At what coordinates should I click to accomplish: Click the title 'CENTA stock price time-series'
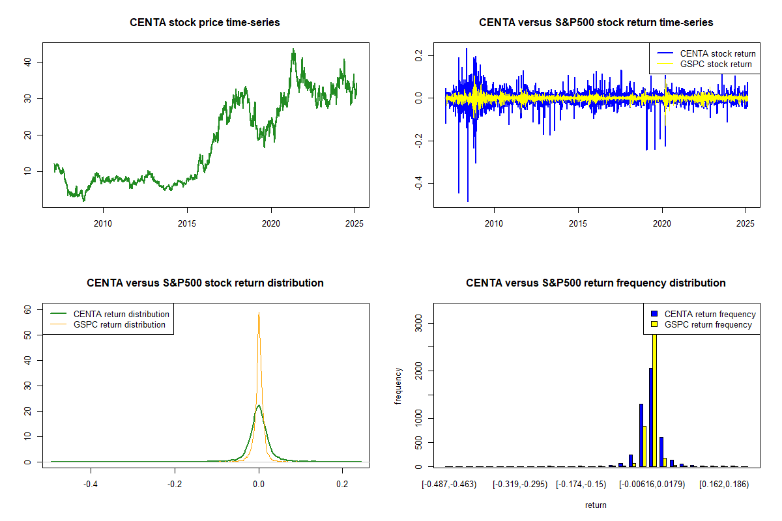(205, 23)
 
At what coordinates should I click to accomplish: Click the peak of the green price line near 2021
(293, 49)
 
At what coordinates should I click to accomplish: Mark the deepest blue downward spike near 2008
(468, 201)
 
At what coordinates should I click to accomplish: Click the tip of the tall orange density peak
(259, 313)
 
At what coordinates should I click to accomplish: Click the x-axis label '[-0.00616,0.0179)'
(652, 485)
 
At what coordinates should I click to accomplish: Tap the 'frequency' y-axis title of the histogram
(398, 386)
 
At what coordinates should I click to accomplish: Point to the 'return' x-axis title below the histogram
(596, 505)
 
